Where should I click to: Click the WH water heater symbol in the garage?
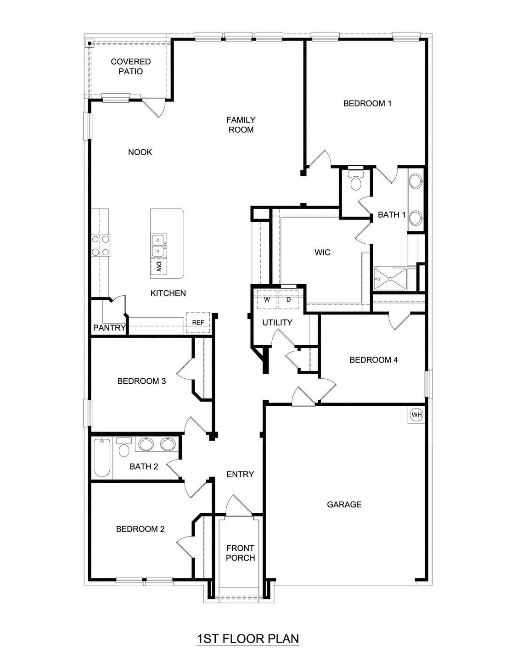416,415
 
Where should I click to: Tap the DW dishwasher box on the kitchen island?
159,267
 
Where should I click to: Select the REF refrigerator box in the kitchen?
198,322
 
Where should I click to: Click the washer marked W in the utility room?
267,300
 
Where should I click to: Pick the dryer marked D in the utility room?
289,300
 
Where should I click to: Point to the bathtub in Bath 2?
102,458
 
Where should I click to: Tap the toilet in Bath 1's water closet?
356,182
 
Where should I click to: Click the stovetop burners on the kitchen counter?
101,245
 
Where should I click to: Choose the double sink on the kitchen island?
159,245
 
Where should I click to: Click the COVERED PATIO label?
131,67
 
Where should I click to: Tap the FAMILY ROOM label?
241,125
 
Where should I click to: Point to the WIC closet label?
322,252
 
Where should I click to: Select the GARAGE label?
344,504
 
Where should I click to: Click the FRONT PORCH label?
240,553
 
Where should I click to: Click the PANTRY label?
109,328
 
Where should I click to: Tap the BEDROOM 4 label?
374,360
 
